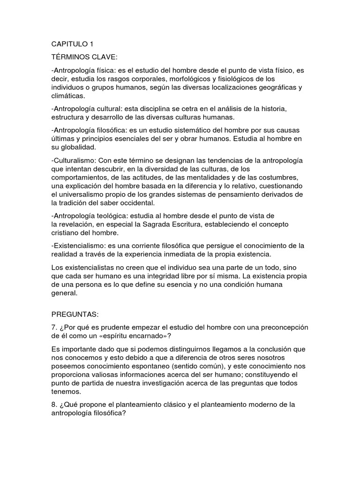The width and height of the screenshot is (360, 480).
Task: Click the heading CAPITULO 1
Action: click(x=73, y=45)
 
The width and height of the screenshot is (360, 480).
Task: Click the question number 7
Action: click(x=54, y=326)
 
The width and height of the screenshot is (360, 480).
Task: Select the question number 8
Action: click(x=54, y=405)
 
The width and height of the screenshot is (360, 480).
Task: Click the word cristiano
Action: click(x=65, y=233)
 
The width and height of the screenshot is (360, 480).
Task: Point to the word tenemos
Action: click(x=66, y=391)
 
